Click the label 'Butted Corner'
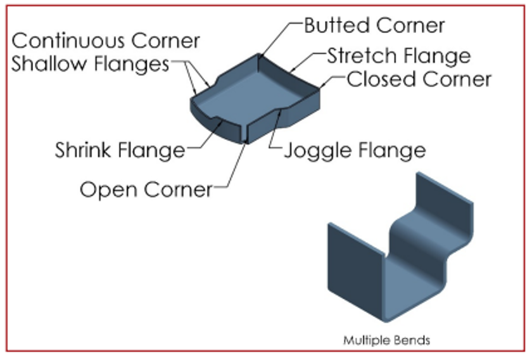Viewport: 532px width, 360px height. (374, 25)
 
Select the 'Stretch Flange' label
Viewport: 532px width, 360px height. (399, 56)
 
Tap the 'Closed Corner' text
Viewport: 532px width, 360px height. (419, 79)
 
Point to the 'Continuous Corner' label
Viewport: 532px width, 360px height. (106, 41)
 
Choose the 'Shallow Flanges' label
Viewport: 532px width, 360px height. (91, 64)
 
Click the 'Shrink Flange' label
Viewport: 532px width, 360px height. (120, 150)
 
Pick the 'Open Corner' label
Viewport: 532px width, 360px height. (146, 188)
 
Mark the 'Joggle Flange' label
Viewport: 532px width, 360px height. (354, 150)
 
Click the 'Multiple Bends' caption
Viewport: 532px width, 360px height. (386, 340)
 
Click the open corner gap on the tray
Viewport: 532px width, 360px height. (244, 133)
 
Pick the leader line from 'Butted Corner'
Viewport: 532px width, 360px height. (279, 38)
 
